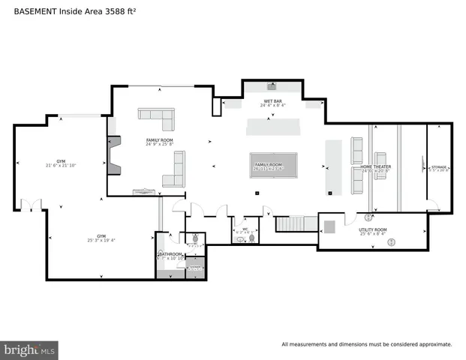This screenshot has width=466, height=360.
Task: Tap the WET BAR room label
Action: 272,103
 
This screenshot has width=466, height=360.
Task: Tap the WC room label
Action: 245,230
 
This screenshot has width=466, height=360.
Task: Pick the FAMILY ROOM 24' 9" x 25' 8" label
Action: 159,142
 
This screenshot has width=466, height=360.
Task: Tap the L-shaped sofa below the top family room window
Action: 157,118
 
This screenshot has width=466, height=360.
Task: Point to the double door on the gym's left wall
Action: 31,204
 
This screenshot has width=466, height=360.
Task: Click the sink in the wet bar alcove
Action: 272,85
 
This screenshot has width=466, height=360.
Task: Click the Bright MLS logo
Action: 30,349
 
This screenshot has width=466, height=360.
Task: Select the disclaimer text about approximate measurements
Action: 366,344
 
